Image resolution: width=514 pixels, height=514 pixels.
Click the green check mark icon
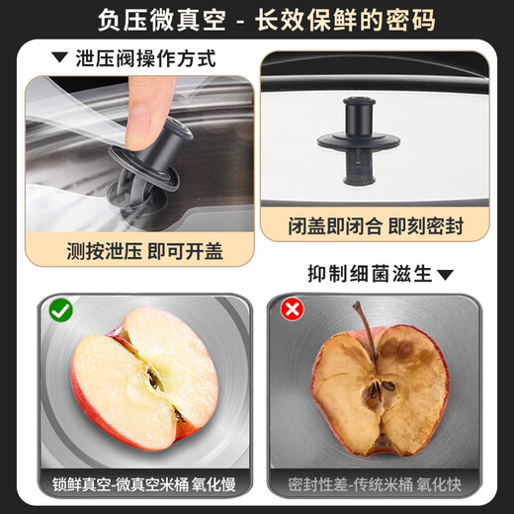point(60,310)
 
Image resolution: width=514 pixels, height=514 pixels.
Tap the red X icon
point(293,310)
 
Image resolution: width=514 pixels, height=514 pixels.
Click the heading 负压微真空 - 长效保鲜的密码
point(257,20)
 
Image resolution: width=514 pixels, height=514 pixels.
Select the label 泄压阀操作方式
point(144,58)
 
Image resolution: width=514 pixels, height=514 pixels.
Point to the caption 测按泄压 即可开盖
point(144,251)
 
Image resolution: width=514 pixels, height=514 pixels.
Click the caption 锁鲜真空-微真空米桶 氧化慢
point(145,484)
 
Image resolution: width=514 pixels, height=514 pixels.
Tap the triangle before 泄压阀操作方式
point(60,58)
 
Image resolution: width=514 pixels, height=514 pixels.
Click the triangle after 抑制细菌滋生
point(445,274)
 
